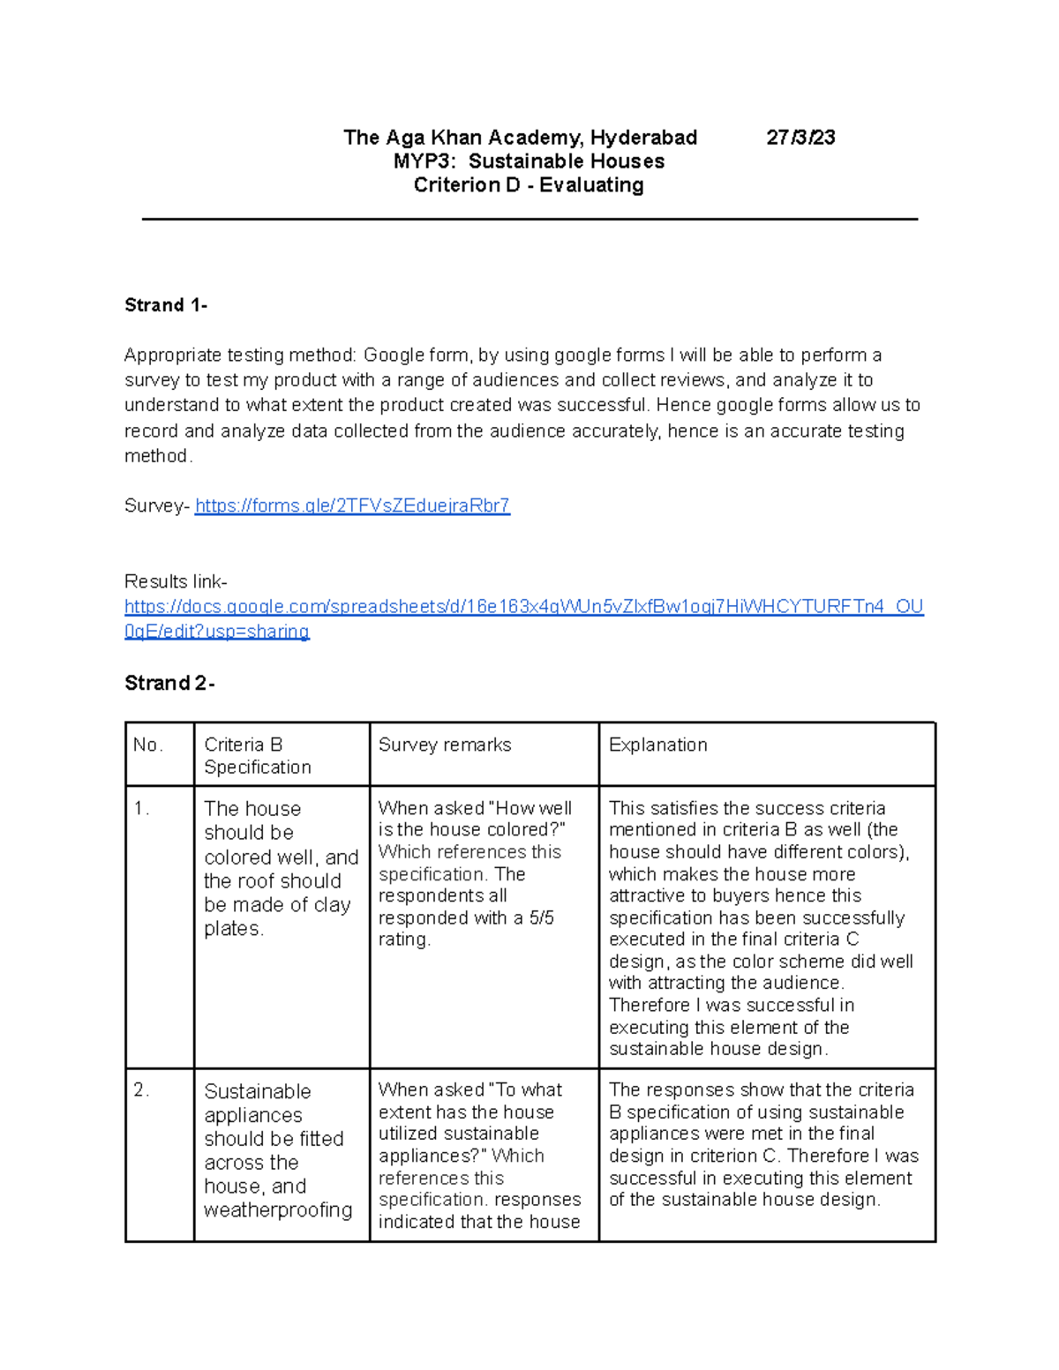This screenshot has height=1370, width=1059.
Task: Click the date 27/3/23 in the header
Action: point(800,138)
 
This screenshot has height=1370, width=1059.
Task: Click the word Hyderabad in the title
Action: point(643,138)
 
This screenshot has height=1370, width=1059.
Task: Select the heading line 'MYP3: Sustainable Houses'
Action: point(529,161)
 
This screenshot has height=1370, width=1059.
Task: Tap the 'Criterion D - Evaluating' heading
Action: point(529,185)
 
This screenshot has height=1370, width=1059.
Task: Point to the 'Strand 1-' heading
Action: point(166,305)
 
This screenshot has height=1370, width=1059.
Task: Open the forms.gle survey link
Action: point(352,505)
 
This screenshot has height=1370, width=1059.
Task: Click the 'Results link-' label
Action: point(176,581)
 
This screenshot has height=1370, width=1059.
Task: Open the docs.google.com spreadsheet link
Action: point(523,607)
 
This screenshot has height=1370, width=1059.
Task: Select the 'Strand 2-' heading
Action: point(169,683)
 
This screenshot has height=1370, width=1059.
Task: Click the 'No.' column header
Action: point(148,745)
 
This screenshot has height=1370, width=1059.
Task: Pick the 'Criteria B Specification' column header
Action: point(257,756)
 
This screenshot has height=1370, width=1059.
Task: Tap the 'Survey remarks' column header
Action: point(445,745)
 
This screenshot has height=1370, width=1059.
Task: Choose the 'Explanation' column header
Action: point(658,745)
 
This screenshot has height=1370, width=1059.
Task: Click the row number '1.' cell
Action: point(142,809)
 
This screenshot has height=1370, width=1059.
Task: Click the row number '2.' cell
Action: point(142,1090)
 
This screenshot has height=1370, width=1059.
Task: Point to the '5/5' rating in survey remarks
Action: point(541,918)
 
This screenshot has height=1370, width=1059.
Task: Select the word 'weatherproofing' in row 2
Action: point(278,1210)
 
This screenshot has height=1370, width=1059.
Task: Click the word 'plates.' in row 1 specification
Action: point(234,929)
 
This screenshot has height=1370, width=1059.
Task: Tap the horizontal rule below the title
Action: point(529,219)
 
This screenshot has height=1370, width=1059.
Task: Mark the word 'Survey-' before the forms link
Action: point(156,505)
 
